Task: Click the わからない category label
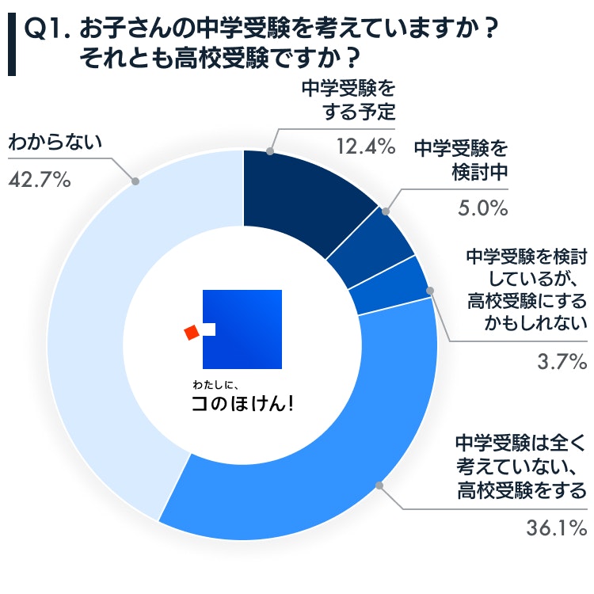[55, 143]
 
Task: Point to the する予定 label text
[358, 112]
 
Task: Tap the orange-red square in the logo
[191, 333]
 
